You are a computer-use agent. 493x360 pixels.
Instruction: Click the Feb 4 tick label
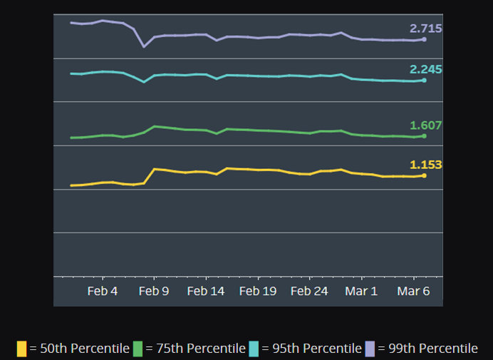(x=103, y=292)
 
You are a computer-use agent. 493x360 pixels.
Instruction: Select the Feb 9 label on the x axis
(x=154, y=292)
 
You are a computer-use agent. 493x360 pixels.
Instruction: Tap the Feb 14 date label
(x=206, y=292)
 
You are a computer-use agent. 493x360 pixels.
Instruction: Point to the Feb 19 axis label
(x=258, y=292)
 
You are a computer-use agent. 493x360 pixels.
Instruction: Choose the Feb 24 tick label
(x=310, y=292)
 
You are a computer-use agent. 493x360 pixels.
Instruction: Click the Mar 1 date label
(x=361, y=292)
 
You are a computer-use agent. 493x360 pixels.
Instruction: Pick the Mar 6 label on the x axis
(x=413, y=292)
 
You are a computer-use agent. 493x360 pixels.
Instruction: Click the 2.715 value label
(x=425, y=29)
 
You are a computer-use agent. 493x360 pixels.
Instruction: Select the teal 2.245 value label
(x=425, y=69)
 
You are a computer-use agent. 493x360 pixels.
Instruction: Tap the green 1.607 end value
(x=425, y=125)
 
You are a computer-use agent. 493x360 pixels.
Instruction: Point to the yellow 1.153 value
(x=425, y=165)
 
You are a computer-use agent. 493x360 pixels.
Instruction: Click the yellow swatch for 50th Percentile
(x=22, y=349)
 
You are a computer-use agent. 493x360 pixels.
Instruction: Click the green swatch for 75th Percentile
(x=137, y=349)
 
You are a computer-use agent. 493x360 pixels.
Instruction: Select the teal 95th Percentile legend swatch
(x=254, y=349)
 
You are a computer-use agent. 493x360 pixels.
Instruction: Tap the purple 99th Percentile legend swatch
(x=370, y=349)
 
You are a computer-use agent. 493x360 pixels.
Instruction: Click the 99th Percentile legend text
(x=427, y=349)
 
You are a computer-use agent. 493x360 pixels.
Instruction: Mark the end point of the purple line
(x=424, y=39)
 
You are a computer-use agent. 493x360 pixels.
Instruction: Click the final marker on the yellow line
(x=424, y=175)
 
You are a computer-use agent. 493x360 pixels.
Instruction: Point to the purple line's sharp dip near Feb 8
(x=144, y=46)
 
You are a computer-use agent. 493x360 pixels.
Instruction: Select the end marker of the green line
(x=424, y=136)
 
